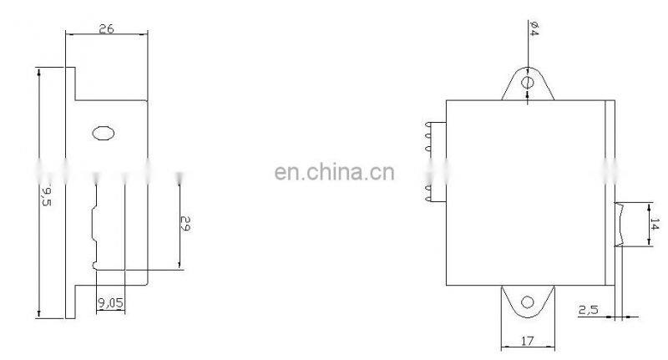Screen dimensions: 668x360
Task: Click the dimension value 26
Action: click(x=107, y=28)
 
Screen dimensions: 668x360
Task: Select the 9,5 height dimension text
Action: click(x=47, y=196)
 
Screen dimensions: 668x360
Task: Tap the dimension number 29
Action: click(x=185, y=223)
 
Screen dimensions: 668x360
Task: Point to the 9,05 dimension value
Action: click(x=110, y=303)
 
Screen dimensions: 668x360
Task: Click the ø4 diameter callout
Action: click(x=534, y=28)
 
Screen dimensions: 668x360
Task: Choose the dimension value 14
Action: click(x=655, y=224)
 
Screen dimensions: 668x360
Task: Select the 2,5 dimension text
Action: click(x=588, y=310)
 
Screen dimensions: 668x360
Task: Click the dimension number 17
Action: click(x=527, y=341)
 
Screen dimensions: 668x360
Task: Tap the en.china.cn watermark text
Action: click(x=335, y=172)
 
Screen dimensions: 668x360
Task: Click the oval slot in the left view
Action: click(x=103, y=134)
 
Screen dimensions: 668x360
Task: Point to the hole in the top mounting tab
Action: click(x=528, y=82)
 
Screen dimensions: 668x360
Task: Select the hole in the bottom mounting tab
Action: click(x=528, y=302)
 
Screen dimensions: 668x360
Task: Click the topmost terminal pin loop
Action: click(x=428, y=124)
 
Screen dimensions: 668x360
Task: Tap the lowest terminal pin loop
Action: click(x=428, y=199)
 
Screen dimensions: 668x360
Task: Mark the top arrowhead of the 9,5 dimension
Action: click(x=38, y=72)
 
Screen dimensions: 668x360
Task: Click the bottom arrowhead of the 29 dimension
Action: click(x=180, y=265)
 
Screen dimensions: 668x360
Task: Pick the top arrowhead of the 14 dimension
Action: click(x=649, y=207)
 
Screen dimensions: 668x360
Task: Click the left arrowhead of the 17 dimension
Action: click(x=506, y=347)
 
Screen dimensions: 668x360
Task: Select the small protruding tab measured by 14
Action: click(x=620, y=225)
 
